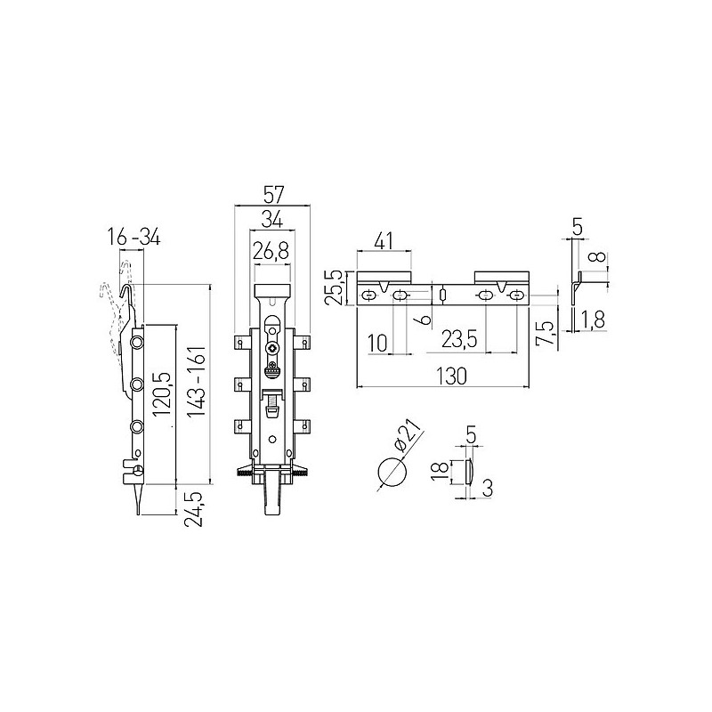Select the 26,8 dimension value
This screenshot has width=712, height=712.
[271, 251]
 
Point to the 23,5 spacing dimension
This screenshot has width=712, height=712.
[459, 340]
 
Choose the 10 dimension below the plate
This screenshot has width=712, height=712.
[376, 340]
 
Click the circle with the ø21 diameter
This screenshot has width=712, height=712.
[388, 473]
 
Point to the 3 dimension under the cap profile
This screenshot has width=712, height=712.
[489, 487]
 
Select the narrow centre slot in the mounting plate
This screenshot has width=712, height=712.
[442, 295]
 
